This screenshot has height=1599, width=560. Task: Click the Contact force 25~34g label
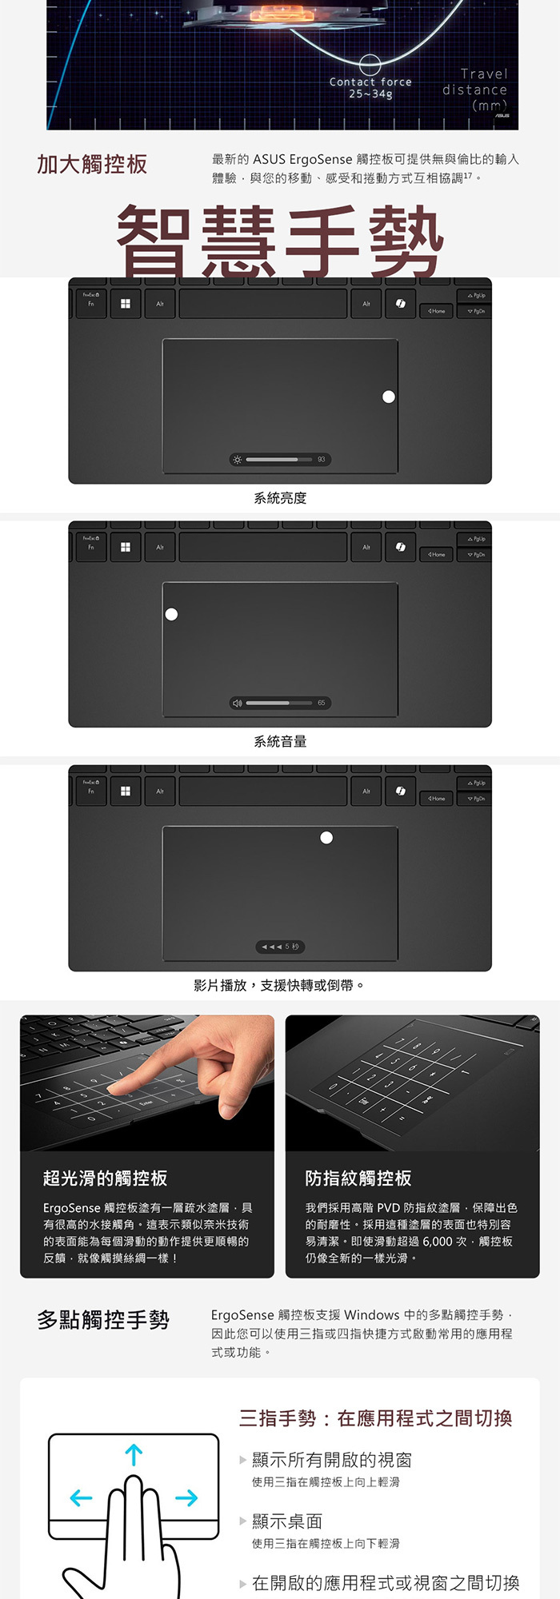[x=370, y=87]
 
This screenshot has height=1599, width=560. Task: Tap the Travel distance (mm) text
[x=475, y=90]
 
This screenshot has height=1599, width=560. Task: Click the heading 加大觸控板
[x=92, y=165]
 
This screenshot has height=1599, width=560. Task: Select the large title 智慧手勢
[x=280, y=241]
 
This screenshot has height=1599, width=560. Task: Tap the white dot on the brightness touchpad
[x=389, y=397]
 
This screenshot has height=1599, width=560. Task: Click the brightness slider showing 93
[x=279, y=460]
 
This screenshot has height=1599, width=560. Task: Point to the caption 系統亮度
[x=280, y=498]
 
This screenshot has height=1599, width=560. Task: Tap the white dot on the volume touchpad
[x=171, y=614]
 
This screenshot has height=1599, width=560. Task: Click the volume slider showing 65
[x=279, y=703]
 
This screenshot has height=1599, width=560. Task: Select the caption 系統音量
[x=280, y=741]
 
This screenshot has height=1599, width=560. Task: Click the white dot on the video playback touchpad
[x=326, y=837]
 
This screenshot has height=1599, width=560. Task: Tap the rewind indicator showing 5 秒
[x=280, y=947]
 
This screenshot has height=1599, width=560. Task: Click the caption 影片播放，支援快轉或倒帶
[x=279, y=985]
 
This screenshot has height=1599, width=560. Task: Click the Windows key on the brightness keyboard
[x=126, y=304]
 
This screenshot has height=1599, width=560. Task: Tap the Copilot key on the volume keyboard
[x=400, y=547]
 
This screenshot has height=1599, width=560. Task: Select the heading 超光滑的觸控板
[x=106, y=1178]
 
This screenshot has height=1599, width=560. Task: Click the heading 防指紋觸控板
[x=358, y=1178]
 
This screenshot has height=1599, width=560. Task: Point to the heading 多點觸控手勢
[x=103, y=1320]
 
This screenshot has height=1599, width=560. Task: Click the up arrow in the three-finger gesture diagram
[x=134, y=1454]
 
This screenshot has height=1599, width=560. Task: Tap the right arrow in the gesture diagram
[x=186, y=1497]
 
